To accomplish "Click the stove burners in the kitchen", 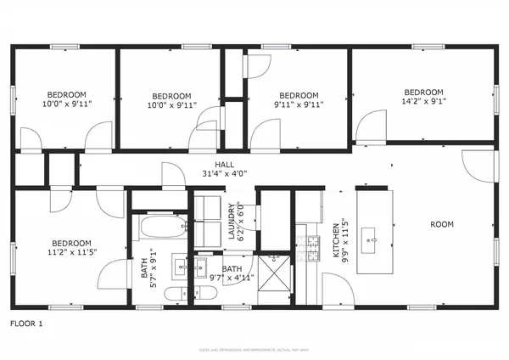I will (x=313, y=245).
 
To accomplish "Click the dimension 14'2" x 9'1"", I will (x=423, y=103).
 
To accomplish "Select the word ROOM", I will (x=441, y=225).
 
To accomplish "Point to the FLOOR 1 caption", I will (x=26, y=323).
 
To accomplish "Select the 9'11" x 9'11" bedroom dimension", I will (x=298, y=106).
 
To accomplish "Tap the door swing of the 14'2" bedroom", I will (x=369, y=127).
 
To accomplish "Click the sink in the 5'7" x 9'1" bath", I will (x=181, y=267).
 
